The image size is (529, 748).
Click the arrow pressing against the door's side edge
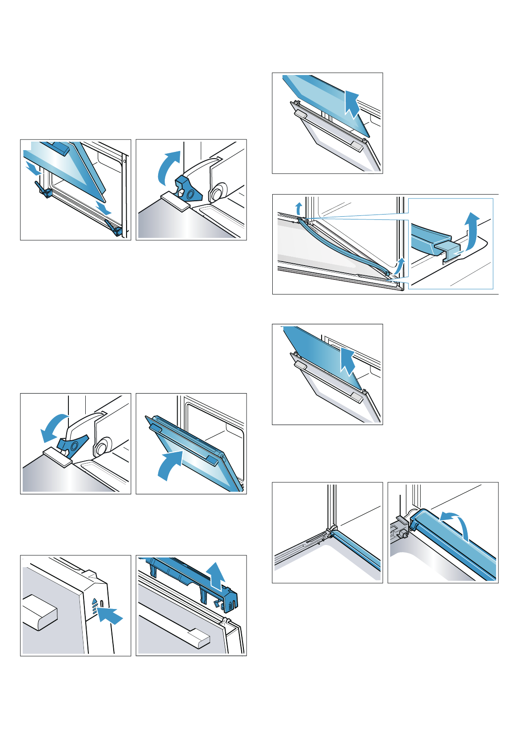(x=110, y=616)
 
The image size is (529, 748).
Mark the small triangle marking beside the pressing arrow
(x=94, y=602)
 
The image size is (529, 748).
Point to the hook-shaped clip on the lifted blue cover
(x=218, y=604)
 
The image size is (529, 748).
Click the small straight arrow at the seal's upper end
(x=299, y=207)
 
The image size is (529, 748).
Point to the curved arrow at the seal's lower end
(x=400, y=266)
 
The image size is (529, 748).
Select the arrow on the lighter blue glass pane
(x=352, y=104)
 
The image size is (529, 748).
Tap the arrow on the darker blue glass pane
(x=347, y=362)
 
